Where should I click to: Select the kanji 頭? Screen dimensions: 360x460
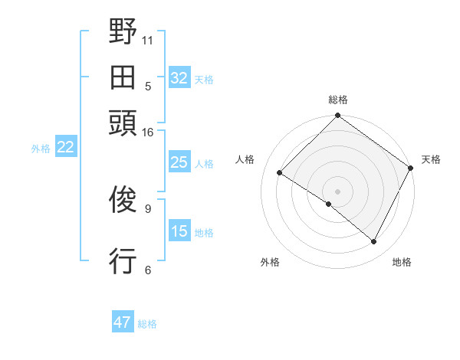(x=123, y=123)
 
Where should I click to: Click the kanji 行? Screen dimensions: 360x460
(x=123, y=261)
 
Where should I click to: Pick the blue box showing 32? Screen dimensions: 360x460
(x=179, y=78)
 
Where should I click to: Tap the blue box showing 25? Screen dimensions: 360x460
(x=179, y=162)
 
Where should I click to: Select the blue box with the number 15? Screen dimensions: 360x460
(x=179, y=231)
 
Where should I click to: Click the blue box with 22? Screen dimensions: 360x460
(x=65, y=148)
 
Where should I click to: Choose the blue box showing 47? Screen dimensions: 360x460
(x=123, y=322)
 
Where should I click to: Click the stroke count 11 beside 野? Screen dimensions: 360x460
(x=149, y=39)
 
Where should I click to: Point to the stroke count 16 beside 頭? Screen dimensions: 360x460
(x=147, y=133)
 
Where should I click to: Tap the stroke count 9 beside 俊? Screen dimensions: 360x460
(x=148, y=207)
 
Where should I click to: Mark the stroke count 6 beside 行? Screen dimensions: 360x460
(x=148, y=270)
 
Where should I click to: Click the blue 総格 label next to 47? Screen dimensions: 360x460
(x=147, y=324)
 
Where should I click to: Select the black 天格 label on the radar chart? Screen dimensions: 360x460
(x=431, y=159)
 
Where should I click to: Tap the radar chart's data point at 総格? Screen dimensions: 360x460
(x=337, y=116)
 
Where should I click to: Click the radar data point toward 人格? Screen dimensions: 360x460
(x=280, y=173)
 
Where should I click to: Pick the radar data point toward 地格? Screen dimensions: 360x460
(x=374, y=242)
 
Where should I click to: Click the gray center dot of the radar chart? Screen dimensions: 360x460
(x=337, y=191)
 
